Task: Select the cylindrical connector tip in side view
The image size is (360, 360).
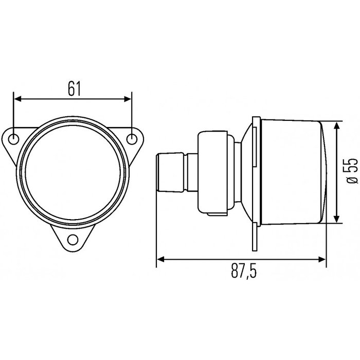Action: (170, 173)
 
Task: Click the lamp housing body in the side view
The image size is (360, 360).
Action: (291, 172)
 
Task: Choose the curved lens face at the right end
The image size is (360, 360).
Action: (323, 172)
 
